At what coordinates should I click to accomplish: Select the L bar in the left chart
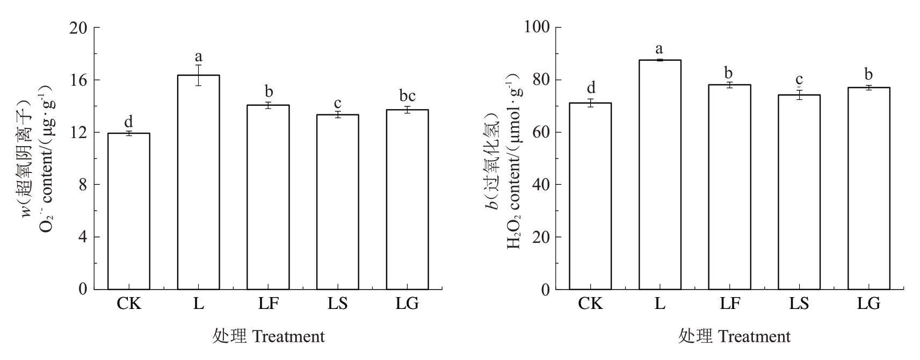pyautogui.click(x=199, y=182)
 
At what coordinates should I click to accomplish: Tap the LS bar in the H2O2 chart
pyautogui.click(x=799, y=192)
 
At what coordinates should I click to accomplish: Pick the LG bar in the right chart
pyautogui.click(x=869, y=188)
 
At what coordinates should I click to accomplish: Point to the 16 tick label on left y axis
pyautogui.click(x=79, y=80)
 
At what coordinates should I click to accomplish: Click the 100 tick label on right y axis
pyautogui.click(x=537, y=27)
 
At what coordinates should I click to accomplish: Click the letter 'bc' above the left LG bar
pyautogui.click(x=407, y=96)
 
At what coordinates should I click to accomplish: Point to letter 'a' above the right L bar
pyautogui.click(x=660, y=50)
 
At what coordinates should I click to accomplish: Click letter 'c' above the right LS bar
pyautogui.click(x=799, y=81)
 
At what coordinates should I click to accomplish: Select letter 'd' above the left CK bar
pyautogui.click(x=129, y=121)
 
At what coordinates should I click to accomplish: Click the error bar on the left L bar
pyautogui.click(x=199, y=75)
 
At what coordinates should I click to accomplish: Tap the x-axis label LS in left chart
pyautogui.click(x=338, y=304)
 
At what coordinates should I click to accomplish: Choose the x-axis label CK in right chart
pyautogui.click(x=590, y=304)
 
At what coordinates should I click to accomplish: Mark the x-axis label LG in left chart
pyautogui.click(x=407, y=304)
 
